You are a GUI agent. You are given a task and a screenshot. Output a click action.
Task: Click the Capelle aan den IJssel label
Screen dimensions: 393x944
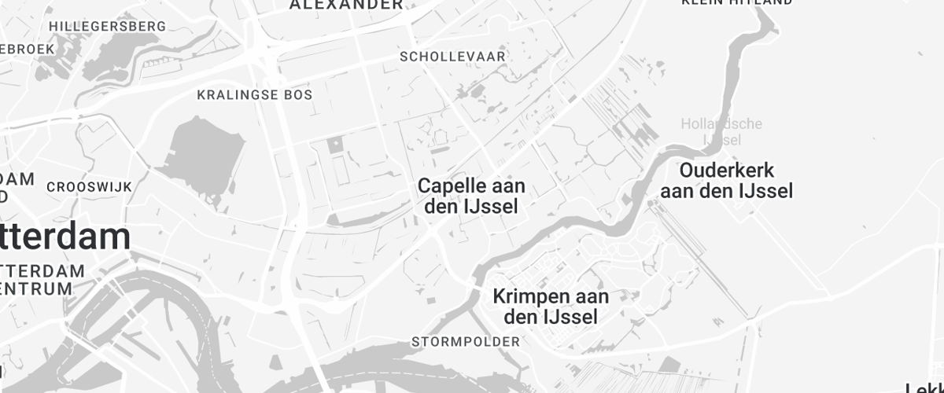[x=471, y=196]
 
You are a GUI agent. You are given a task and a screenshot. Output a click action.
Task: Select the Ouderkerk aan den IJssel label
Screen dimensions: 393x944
[x=726, y=180]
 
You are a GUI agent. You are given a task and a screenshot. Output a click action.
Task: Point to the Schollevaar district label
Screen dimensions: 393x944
[x=452, y=57]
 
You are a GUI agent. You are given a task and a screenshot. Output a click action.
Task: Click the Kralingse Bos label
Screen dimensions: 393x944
[x=254, y=95]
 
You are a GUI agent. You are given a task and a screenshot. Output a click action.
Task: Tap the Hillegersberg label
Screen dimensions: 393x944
[x=108, y=26]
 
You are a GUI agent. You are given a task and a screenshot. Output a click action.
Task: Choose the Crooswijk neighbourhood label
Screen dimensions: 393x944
[x=89, y=187]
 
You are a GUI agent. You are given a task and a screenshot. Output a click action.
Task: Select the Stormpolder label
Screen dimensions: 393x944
[x=466, y=342]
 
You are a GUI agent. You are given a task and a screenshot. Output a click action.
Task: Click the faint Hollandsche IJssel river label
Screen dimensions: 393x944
[x=721, y=132]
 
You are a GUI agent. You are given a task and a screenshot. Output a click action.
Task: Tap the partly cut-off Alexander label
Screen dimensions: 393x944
[x=346, y=5]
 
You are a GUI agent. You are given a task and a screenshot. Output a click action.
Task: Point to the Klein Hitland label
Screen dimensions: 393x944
[x=736, y=2]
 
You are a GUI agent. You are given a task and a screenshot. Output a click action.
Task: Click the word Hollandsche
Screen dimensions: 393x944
[x=721, y=124]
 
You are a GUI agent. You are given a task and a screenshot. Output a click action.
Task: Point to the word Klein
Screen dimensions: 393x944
[x=702, y=2]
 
